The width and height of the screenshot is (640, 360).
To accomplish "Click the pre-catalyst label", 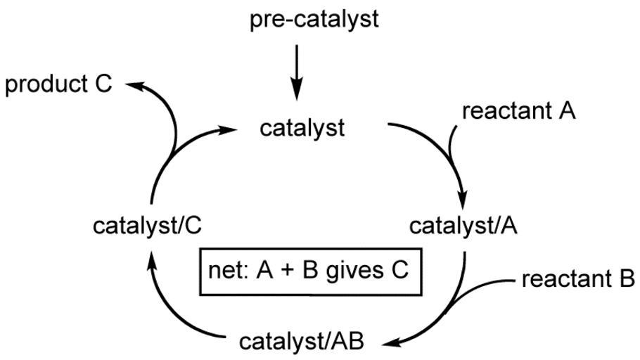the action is pos(314,20).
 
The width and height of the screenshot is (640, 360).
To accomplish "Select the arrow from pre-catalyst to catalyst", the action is pos(297,72).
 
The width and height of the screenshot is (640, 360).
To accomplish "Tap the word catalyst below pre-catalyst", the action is pos(302,129).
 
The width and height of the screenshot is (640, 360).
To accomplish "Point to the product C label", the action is pos(58,84).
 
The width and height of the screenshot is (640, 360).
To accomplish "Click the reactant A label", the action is pos(519,110).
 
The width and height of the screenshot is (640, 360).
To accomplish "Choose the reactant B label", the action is pos(578,280).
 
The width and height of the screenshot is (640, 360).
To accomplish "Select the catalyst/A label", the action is pos(463,226).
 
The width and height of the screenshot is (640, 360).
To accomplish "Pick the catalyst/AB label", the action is pos(302,342).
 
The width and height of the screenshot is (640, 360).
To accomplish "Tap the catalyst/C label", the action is pos(148,226).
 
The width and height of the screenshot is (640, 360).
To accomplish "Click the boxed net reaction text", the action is pos(309,271).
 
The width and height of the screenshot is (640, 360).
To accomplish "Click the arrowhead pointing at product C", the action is pos(136,85).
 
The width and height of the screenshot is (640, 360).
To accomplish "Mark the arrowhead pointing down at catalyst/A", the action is pos(463,199).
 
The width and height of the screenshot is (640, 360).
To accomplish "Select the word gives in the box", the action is pos(354,272).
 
